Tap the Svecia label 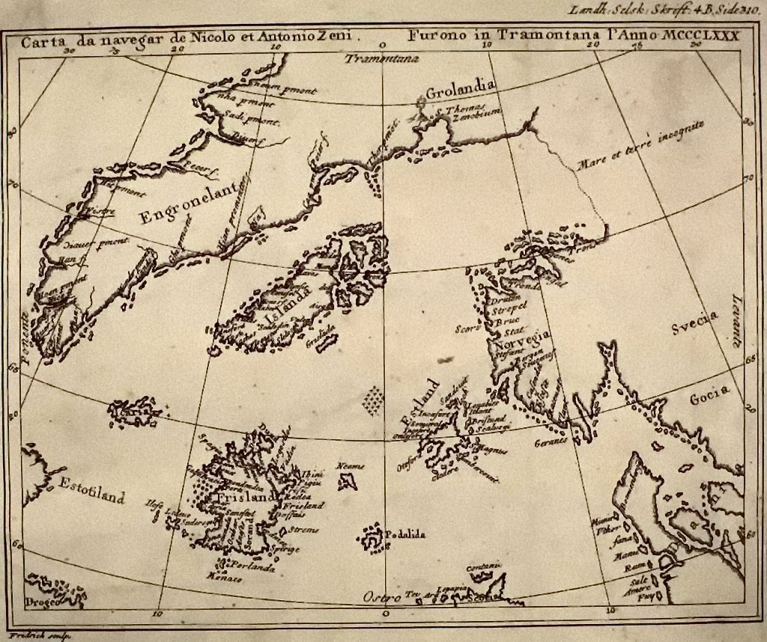(x=694, y=325)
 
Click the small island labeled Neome (x=347, y=479)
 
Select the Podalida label (x=405, y=534)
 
